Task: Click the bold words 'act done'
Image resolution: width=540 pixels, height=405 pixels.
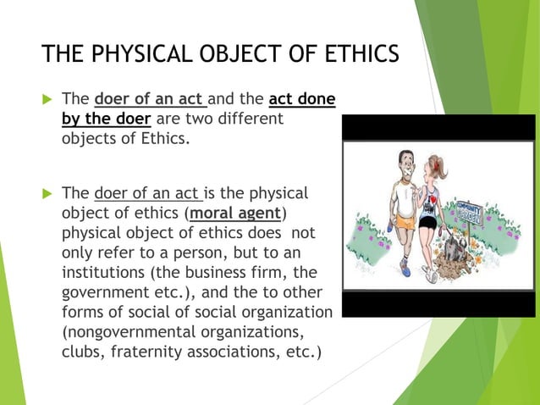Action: point(301,101)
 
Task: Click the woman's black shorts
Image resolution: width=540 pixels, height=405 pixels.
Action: point(428,224)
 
